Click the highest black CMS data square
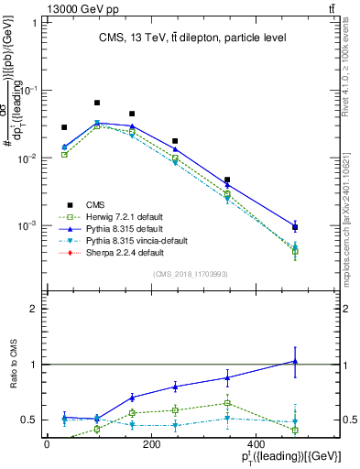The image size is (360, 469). tap(97, 103)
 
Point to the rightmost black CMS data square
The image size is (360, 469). tap(295, 227)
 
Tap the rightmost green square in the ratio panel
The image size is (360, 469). tap(295, 430)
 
